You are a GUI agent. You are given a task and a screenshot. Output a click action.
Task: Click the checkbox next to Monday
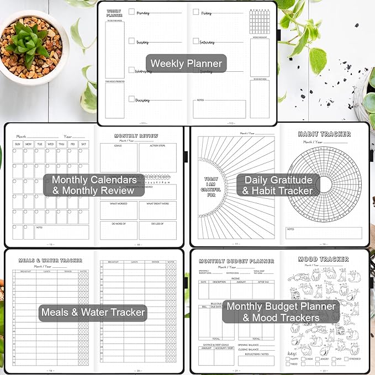[131, 12]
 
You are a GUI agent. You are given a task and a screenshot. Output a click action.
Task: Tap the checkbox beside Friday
[196, 12]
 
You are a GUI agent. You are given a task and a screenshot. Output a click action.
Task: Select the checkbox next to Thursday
[131, 99]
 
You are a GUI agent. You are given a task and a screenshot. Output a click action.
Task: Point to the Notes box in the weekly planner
[219, 109]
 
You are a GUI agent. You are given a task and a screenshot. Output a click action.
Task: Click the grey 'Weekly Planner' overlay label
[187, 64]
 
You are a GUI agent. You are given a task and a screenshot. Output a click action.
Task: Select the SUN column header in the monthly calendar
[18, 145]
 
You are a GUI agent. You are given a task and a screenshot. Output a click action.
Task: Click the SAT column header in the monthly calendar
[83, 145]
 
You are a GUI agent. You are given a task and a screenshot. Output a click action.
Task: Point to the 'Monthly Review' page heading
[136, 136]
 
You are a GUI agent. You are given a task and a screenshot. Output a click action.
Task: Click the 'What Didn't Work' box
[157, 210]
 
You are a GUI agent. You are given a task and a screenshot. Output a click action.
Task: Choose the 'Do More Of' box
[118, 230]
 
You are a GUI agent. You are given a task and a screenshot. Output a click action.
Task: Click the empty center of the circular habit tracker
[324, 184]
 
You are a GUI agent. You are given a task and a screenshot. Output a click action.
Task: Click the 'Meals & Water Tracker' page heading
[50, 261]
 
